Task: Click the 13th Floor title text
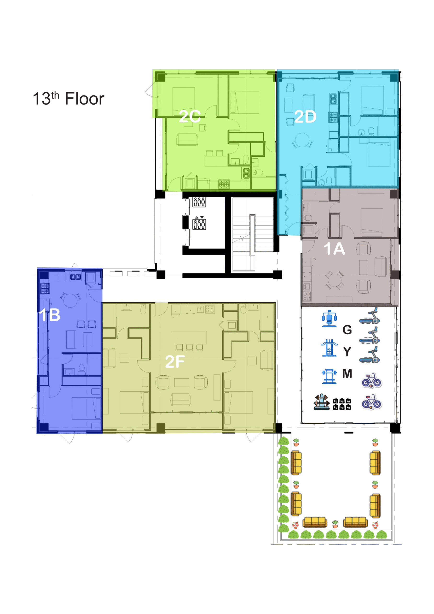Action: (x=68, y=98)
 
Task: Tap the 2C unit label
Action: (x=190, y=116)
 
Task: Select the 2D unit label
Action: (x=305, y=117)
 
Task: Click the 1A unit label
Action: (x=334, y=248)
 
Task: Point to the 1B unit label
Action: (x=49, y=315)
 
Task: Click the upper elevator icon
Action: (x=199, y=202)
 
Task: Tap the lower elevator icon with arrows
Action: (x=199, y=223)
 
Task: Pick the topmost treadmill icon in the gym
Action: (x=370, y=316)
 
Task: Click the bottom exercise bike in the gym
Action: (x=371, y=402)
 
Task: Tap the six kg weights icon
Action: (x=342, y=404)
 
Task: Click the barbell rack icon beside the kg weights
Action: (x=322, y=402)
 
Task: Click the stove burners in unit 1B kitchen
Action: (x=45, y=289)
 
